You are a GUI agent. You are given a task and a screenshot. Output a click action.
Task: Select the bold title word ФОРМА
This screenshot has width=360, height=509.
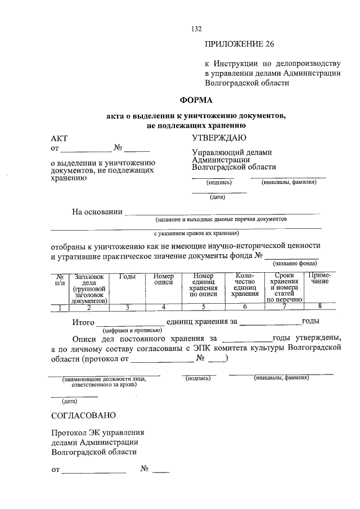196,100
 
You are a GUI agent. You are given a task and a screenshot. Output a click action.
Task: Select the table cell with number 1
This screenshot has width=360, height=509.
60,307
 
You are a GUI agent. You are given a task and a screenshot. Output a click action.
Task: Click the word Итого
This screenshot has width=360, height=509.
83,322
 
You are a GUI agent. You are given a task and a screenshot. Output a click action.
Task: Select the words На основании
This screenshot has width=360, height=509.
97,211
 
